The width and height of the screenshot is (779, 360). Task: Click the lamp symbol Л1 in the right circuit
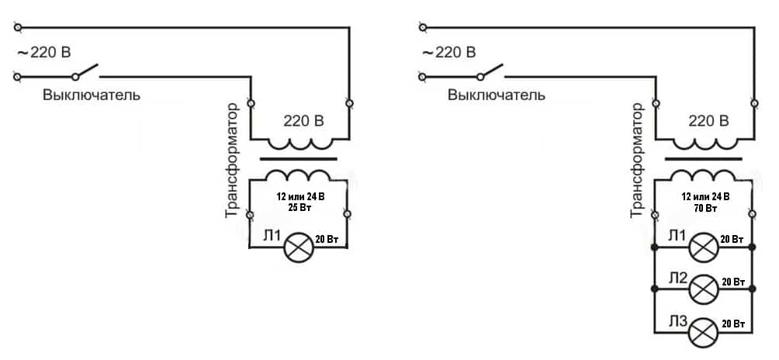point(704,248)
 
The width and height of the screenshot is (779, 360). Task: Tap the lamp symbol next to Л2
point(704,289)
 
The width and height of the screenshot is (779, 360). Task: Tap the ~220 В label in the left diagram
point(45,53)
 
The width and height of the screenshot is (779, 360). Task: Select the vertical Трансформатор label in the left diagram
point(232,159)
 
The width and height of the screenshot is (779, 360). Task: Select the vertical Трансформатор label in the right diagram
point(639,159)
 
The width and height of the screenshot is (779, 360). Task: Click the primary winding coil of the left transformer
point(299,145)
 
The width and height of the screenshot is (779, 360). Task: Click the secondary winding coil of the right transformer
point(705,172)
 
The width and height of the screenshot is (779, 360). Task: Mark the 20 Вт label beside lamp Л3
point(733,323)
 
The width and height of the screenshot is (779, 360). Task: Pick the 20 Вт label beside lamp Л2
point(733,281)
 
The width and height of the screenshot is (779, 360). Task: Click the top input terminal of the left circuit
point(17,28)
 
